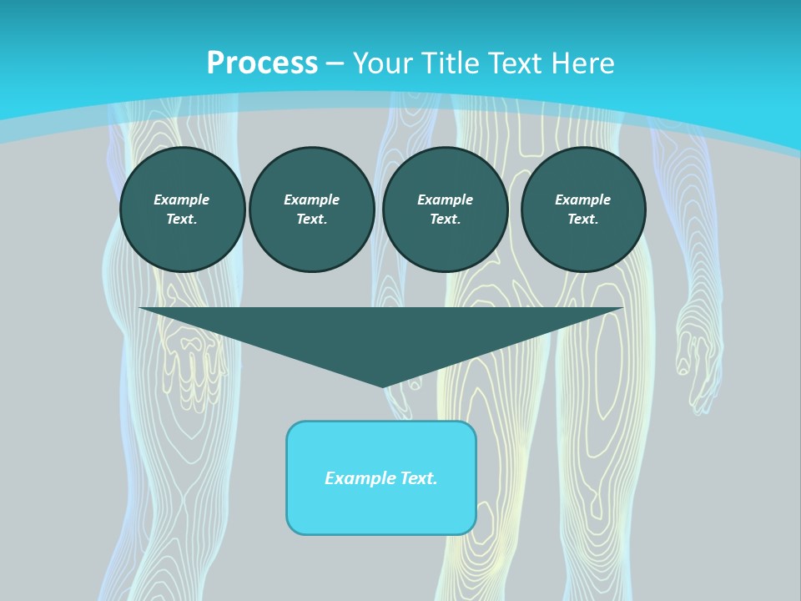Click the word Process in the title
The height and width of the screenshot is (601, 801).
pos(262,63)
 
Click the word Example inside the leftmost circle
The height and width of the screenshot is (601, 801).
pos(182,199)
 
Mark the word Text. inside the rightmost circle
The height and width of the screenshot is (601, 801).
pos(582,219)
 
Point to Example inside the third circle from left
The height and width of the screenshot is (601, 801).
pos(445,199)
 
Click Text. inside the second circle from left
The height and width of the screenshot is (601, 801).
pos(311,219)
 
